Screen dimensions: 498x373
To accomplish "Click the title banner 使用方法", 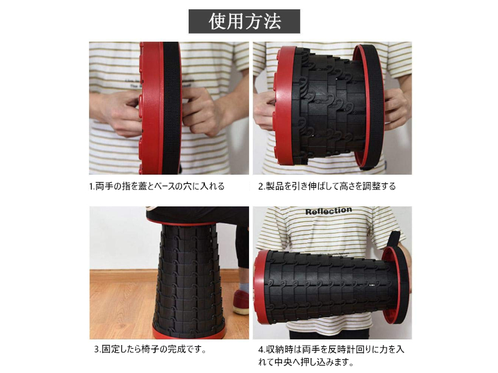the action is click(244, 21).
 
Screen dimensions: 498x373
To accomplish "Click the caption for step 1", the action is click(157, 186).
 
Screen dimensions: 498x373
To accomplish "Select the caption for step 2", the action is click(327, 186).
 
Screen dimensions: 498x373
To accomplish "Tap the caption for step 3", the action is click(151, 349).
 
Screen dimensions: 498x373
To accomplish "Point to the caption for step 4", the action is click(331, 356).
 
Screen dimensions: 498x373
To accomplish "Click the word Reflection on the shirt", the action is click(329, 211).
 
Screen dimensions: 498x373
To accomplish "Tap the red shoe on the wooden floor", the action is click(241, 302).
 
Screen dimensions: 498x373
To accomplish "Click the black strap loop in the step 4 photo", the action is click(394, 239).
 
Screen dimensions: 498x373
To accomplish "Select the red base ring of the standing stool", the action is click(190, 333).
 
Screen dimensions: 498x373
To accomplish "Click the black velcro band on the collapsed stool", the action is click(172, 108).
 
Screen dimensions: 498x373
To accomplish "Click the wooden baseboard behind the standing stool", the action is click(168, 276).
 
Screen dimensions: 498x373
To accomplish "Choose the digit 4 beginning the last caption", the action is click(261, 350).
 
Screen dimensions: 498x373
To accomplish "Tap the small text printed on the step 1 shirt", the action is click(135, 84).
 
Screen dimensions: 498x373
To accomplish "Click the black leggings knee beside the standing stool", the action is click(243, 247).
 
